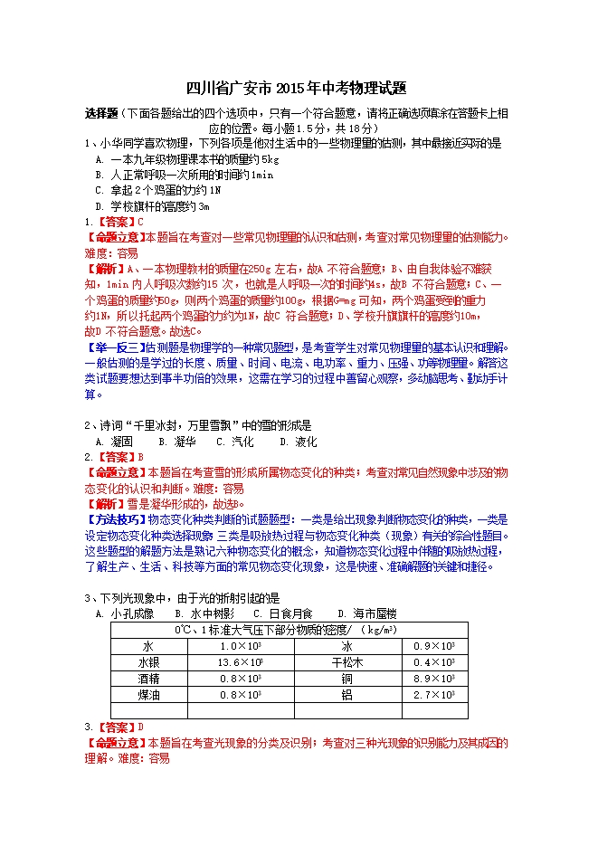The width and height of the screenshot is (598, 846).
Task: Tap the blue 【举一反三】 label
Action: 114,347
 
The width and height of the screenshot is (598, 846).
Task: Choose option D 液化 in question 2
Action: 299,442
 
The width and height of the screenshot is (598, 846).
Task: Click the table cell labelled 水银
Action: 147,662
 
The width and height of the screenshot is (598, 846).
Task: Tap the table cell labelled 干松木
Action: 346,662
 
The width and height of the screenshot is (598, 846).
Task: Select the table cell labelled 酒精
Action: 147,679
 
